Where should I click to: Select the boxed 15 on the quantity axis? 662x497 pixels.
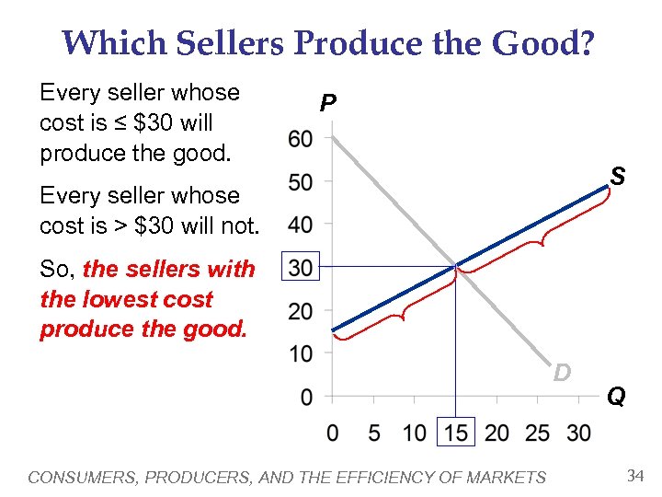(x=456, y=433)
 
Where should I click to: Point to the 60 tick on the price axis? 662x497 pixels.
(x=301, y=139)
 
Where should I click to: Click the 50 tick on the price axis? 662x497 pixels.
(x=301, y=182)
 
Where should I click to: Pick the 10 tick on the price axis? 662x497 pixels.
(x=301, y=354)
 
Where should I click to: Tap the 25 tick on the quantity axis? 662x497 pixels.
(x=539, y=433)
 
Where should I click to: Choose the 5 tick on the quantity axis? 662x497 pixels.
(x=373, y=433)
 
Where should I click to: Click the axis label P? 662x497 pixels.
(x=326, y=104)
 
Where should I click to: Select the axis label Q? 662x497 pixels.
(x=615, y=397)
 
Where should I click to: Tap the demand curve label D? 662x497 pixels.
(x=562, y=372)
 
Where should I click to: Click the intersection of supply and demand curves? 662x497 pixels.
(x=456, y=268)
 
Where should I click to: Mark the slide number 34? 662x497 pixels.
(x=633, y=476)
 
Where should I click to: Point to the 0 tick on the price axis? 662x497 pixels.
(x=305, y=397)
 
